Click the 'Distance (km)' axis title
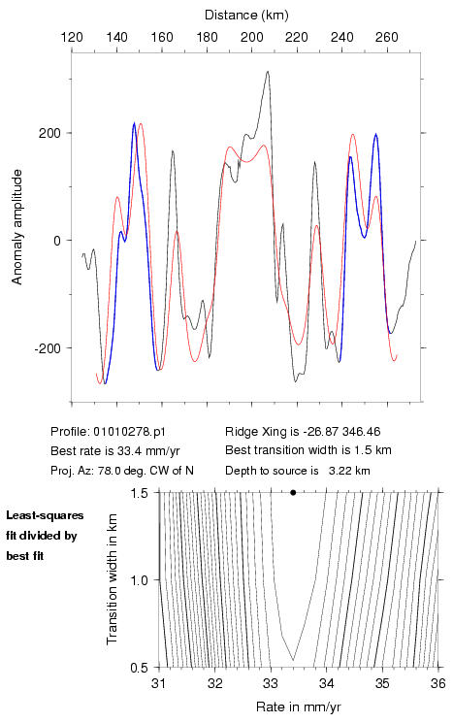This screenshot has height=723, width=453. [x=246, y=16]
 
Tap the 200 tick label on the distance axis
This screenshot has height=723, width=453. [x=251, y=37]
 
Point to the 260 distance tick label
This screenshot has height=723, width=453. [x=387, y=37]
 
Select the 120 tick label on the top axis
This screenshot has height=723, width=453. [x=72, y=37]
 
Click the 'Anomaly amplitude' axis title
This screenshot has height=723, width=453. [x=17, y=227]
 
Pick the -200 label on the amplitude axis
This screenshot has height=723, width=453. [x=47, y=348]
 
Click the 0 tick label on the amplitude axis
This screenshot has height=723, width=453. [x=56, y=241]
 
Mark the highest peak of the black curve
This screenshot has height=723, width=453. [x=268, y=72]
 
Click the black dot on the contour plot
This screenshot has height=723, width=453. [x=293, y=492]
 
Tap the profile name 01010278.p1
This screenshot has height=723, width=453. [x=129, y=432]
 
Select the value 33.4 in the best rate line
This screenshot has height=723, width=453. [x=130, y=450]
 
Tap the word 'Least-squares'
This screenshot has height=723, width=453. [x=45, y=515]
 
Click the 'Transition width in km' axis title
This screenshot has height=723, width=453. [x=112, y=579]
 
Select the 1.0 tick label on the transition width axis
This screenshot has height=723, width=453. [x=139, y=580]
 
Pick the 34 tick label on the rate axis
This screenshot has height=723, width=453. [x=326, y=683]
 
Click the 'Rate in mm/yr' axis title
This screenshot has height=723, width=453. [x=299, y=707]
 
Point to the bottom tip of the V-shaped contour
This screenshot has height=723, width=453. [x=293, y=661]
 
